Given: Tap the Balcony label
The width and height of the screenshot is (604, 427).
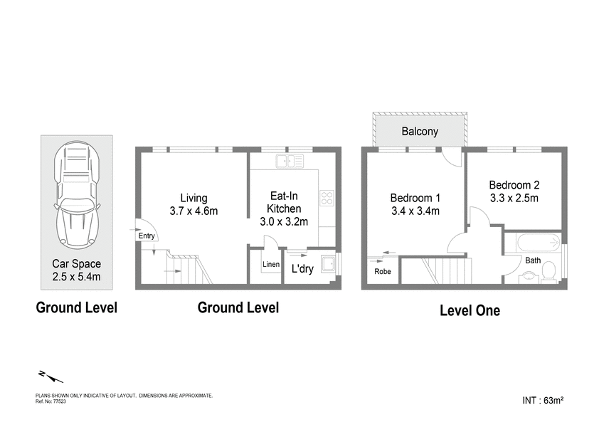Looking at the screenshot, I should point(419,132).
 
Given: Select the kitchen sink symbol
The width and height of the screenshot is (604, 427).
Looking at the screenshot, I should point(290,161).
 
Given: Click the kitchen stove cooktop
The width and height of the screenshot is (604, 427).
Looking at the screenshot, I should point(327,198).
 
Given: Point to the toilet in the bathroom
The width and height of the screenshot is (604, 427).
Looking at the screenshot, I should point(549,272).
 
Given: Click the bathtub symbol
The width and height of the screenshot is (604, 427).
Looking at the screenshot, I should point(539,242).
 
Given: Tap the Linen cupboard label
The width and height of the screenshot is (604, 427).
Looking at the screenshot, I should point(271,265).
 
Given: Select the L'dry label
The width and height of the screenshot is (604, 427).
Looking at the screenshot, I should point(302,269).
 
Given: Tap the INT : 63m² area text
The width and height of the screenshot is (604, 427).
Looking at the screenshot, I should point(543,401).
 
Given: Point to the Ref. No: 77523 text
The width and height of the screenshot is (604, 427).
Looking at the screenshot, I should point(51,401).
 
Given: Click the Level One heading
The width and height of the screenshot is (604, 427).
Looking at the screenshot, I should point(470,310).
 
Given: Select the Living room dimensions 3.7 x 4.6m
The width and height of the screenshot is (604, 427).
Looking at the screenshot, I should point(194,211).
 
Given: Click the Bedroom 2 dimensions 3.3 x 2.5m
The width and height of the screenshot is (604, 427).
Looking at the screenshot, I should point(514,197).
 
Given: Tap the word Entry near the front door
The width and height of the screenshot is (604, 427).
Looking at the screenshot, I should point(147,236).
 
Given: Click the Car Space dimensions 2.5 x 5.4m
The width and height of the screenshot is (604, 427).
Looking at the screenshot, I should point(76,276).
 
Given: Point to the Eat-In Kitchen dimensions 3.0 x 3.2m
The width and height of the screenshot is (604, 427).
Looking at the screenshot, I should point(283,221).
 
